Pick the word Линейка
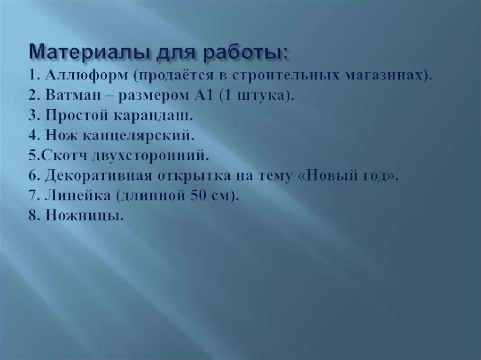tap(75, 196)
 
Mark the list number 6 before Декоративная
tap(35, 176)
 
